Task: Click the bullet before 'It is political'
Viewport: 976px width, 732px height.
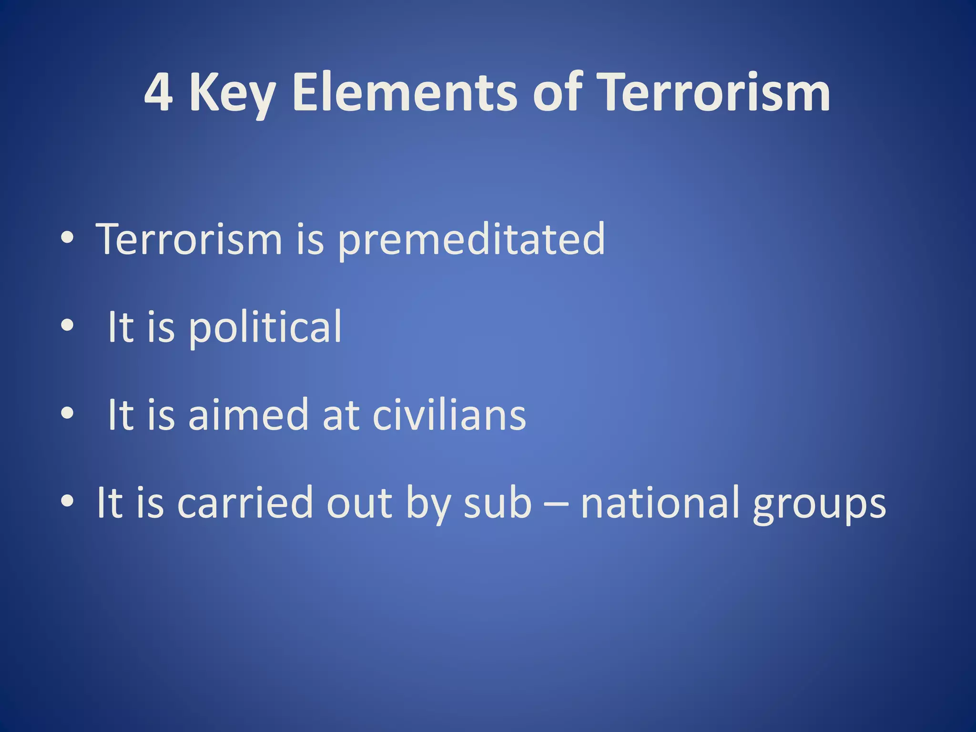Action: (67, 325)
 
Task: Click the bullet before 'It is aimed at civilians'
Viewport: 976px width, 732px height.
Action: (67, 413)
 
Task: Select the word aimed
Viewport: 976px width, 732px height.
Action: (248, 415)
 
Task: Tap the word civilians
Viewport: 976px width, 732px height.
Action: (449, 415)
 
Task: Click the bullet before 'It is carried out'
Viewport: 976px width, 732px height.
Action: (67, 501)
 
